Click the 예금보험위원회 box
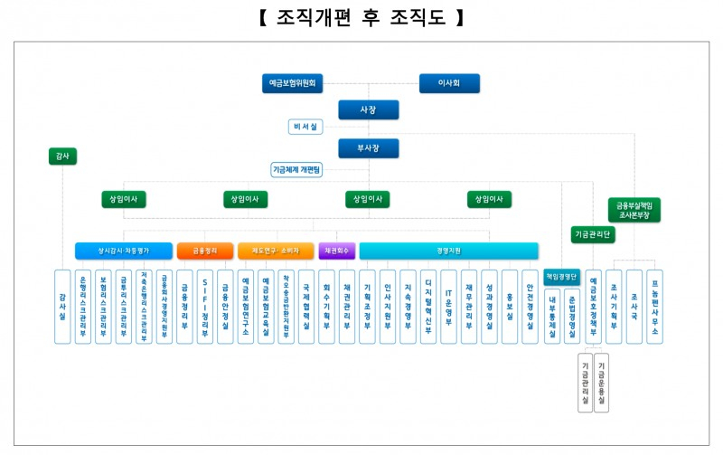[293, 83]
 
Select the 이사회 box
[449, 83]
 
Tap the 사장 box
[368, 109]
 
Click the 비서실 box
[305, 128]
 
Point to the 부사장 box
[368, 148]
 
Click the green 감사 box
[62, 156]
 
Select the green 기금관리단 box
[594, 234]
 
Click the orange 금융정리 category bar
[205, 251]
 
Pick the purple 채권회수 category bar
[337, 251]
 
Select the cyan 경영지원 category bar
[448, 251]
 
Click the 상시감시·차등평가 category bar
[124, 251]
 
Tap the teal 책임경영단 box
[562, 278]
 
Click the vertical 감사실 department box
[62, 306]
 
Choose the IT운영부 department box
[448, 306]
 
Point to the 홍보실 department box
[510, 306]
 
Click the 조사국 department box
[634, 306]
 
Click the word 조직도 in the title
[422, 18]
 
